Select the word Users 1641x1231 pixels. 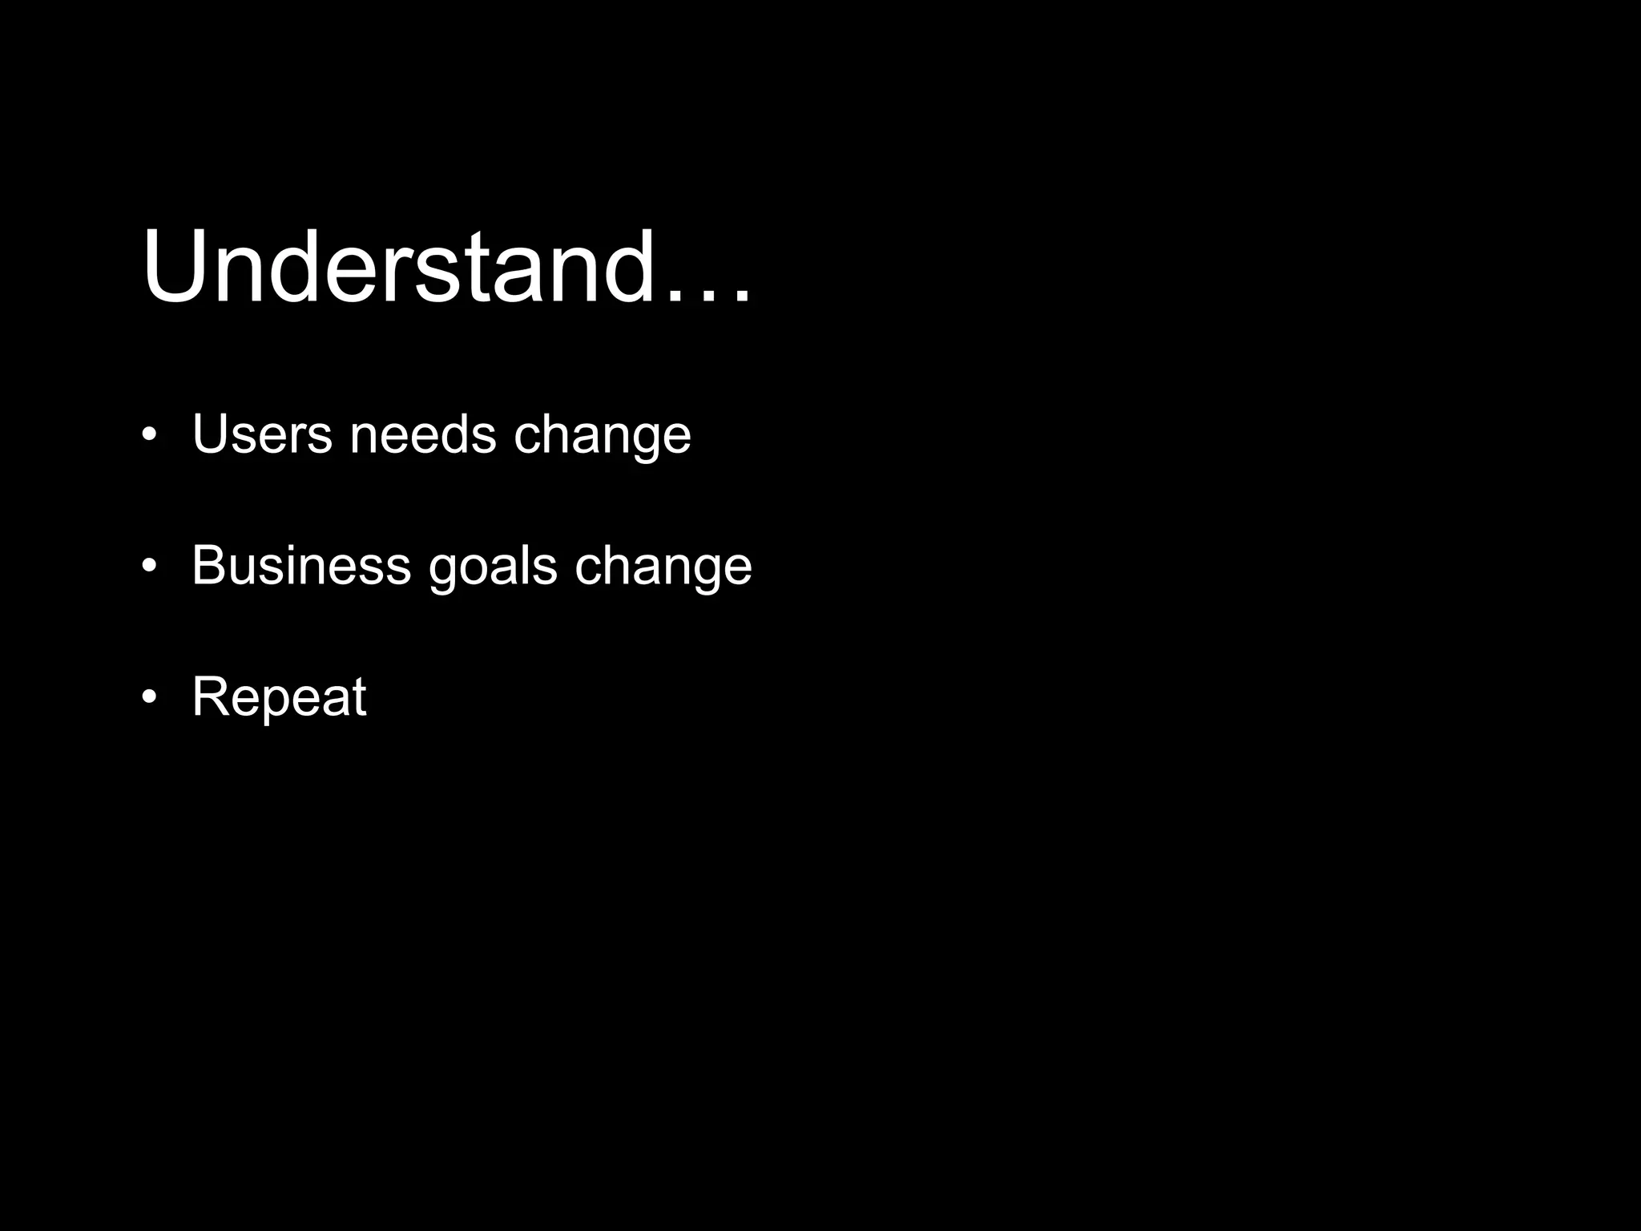click(261, 434)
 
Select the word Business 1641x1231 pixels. click(301, 565)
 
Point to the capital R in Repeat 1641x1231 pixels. click(209, 696)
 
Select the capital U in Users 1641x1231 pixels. click(209, 434)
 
